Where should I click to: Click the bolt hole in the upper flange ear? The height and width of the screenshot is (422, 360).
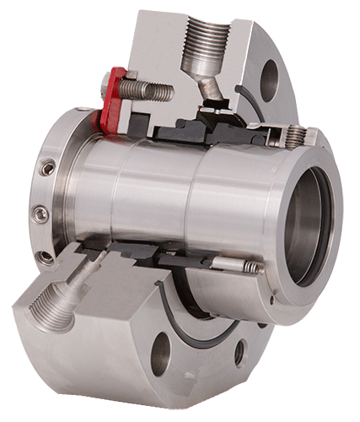(269, 80)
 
